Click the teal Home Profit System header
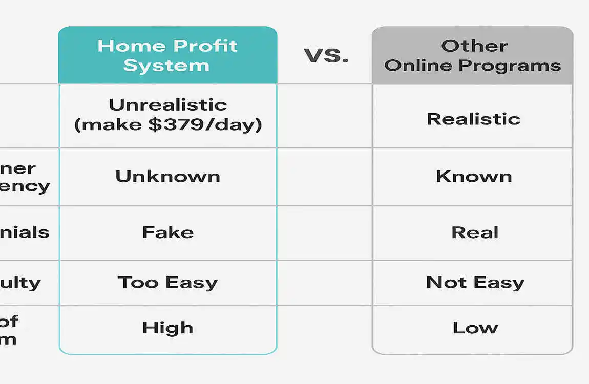[167, 55]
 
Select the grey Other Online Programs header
[472, 55]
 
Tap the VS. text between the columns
[326, 55]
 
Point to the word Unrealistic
[167, 105]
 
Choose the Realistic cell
[473, 119]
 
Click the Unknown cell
[167, 177]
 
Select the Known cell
[473, 177]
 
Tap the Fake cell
[167, 232]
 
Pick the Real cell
[474, 232]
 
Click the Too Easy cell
[167, 283]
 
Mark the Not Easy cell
[475, 283]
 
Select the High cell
[167, 328]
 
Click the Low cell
[475, 328]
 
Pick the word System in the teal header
[166, 66]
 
